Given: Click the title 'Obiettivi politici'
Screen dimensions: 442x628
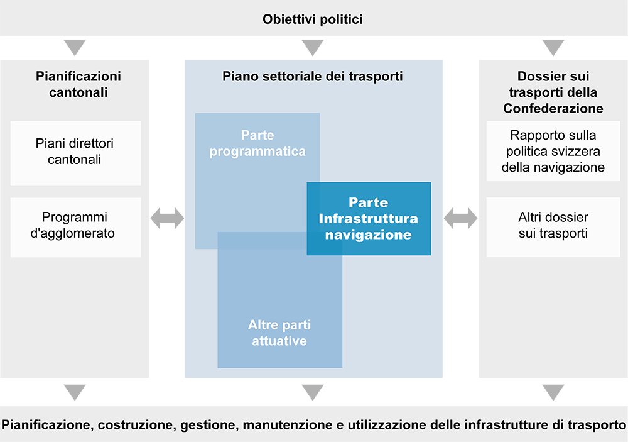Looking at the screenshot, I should pos(313,19).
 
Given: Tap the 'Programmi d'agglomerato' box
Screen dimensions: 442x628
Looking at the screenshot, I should pos(76,225).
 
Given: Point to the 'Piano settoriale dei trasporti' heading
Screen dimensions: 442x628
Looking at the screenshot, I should pos(313,77).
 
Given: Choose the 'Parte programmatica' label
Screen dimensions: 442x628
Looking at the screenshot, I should pos(257,143).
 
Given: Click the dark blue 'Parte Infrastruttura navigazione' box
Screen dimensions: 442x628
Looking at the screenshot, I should pos(369,219).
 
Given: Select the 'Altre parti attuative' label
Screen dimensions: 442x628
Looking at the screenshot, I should pos(279,333).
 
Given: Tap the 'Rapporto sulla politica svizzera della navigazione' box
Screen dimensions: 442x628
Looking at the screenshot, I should pos(553,152).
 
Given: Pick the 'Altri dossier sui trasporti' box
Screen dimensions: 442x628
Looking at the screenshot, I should pos(553,225).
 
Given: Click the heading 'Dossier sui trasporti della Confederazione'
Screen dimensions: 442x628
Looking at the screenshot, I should pos(553,92).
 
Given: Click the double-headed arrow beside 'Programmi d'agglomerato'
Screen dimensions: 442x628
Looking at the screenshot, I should pos(168,219).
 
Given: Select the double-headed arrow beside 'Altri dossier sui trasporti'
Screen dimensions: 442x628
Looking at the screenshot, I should pos(461,219).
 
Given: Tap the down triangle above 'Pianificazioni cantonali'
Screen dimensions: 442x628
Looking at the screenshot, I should pos(75,47).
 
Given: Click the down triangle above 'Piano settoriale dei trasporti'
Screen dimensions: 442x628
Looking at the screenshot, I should pos(312,47).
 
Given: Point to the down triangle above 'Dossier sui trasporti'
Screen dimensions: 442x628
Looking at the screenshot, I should pos(553,47).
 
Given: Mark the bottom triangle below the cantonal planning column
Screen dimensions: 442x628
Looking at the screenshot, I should pos(75,392).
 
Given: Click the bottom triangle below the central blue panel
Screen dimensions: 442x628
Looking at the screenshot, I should pos(312,392).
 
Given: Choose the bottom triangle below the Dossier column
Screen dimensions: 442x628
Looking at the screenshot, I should pos(553,392).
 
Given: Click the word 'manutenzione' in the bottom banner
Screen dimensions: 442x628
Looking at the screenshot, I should pos(300,424).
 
